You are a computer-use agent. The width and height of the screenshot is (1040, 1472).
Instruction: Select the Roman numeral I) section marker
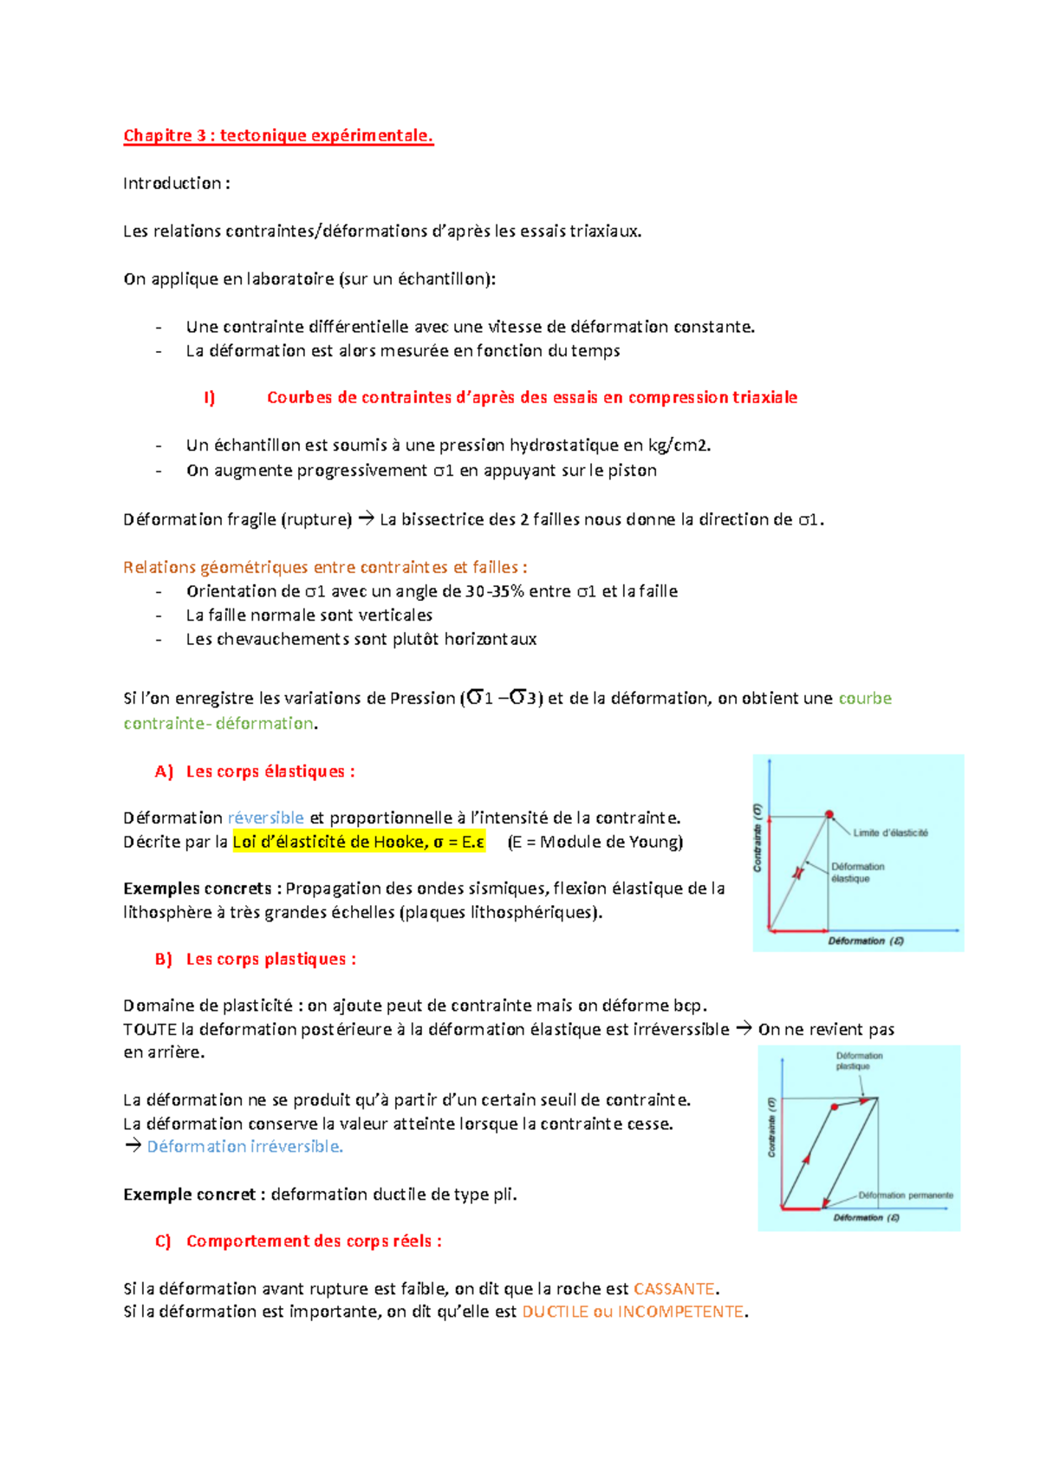tap(209, 398)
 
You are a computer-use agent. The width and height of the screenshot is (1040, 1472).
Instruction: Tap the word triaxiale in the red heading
tap(764, 398)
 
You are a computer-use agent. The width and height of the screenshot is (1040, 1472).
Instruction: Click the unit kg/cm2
tap(679, 446)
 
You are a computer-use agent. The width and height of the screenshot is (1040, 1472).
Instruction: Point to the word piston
tap(632, 471)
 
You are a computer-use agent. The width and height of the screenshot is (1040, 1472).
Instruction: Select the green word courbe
tap(864, 699)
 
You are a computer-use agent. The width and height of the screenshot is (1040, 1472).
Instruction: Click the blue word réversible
tap(265, 818)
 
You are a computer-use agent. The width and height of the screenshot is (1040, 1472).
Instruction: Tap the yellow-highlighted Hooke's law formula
tap(359, 842)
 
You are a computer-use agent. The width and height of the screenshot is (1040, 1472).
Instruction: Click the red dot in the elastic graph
tap(829, 815)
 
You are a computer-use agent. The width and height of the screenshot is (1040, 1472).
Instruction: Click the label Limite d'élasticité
tap(890, 833)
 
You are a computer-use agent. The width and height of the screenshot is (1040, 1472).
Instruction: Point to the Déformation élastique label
tap(857, 872)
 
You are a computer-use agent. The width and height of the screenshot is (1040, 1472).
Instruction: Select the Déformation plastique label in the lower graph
tap(859, 1061)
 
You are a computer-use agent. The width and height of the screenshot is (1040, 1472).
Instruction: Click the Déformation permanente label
tap(906, 1195)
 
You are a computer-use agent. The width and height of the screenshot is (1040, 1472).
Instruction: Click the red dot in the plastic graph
tap(835, 1107)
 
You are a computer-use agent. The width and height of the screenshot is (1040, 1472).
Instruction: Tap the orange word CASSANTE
tap(674, 1289)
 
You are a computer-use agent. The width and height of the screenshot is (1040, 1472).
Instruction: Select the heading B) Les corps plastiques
tap(256, 960)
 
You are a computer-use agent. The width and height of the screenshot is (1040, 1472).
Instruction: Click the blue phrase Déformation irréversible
tap(244, 1147)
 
